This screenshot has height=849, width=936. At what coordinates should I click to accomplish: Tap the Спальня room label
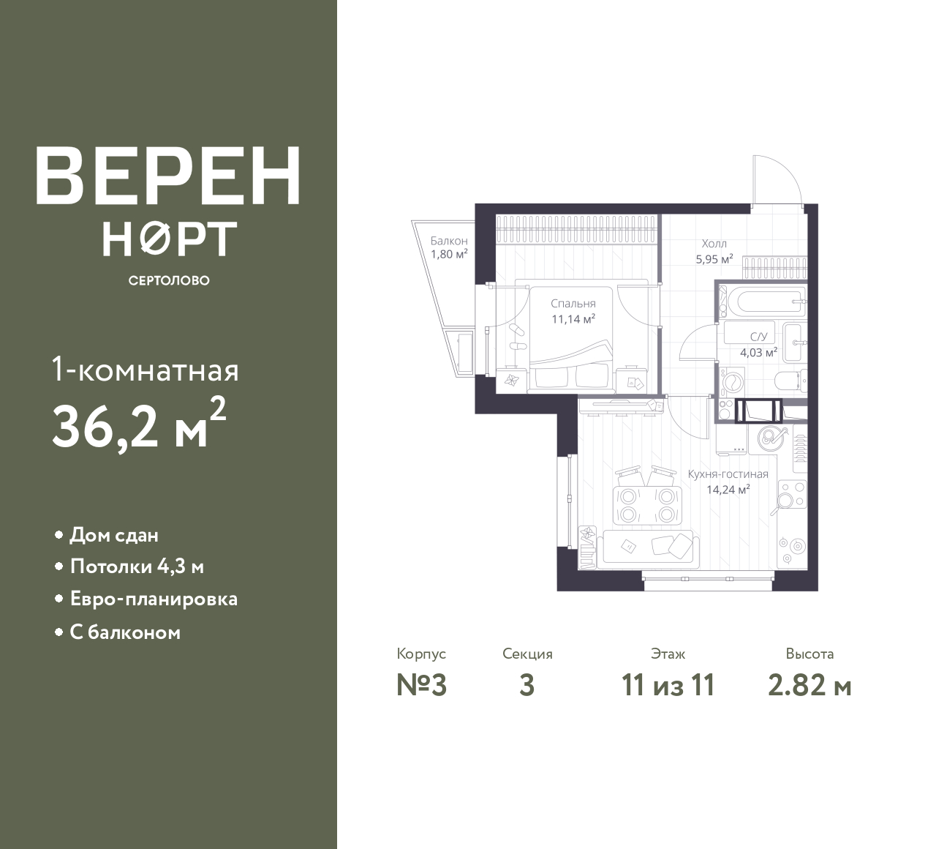click(573, 304)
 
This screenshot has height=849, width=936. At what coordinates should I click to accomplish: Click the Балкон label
click(449, 241)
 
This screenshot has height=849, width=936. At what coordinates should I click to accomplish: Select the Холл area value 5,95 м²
click(714, 259)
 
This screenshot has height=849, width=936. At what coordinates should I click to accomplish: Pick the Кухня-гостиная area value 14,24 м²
click(728, 490)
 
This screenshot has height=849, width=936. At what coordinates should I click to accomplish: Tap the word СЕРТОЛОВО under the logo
click(169, 280)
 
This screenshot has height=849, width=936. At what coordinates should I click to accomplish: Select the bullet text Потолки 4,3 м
click(137, 567)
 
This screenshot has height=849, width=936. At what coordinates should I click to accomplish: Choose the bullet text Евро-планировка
click(154, 599)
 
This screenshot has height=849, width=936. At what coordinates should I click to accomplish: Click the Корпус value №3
click(422, 686)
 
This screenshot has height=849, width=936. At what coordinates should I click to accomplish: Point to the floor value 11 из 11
click(668, 686)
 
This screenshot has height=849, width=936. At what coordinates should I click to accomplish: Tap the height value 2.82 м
click(809, 686)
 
